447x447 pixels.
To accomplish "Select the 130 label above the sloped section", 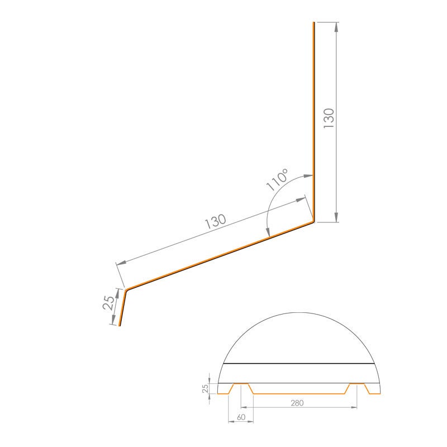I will click(x=216, y=221).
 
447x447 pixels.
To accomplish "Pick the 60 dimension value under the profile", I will click(x=241, y=417).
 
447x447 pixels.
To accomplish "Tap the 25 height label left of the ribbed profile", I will click(x=205, y=387).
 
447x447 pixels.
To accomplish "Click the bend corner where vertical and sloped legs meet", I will click(x=313, y=222).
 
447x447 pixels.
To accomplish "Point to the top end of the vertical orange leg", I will click(x=313, y=23).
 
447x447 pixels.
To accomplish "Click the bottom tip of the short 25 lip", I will click(x=120, y=325).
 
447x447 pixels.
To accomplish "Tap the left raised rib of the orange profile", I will click(x=241, y=384).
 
